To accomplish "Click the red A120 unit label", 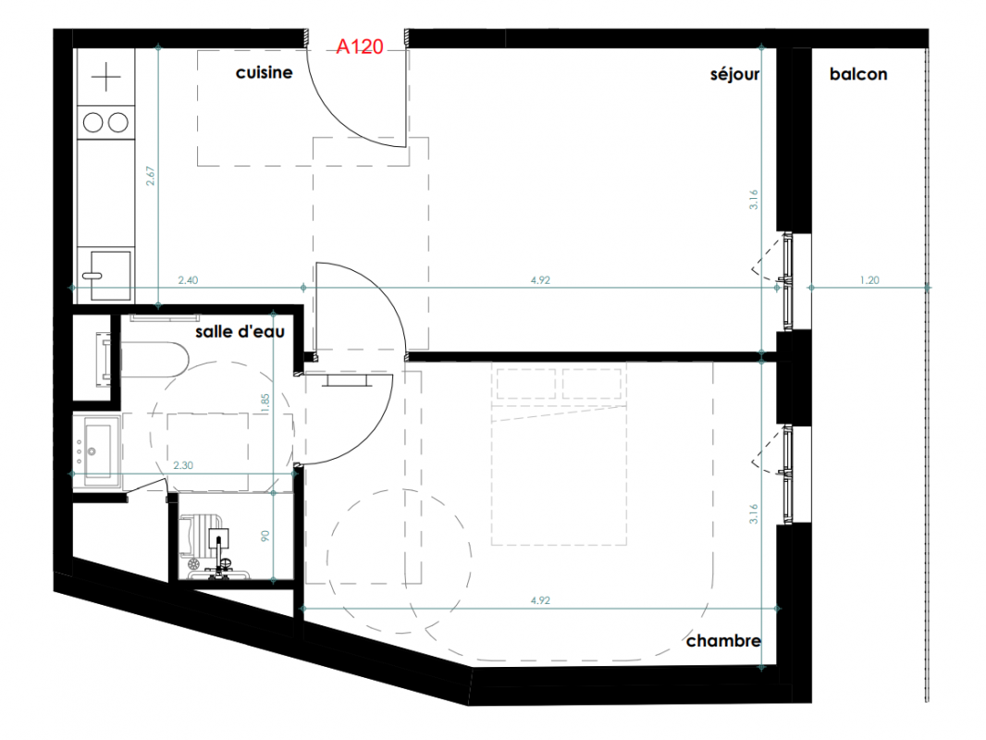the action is pyautogui.click(x=359, y=46).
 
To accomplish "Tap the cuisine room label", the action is pyautogui.click(x=265, y=73).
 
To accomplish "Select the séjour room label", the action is pyautogui.click(x=734, y=75).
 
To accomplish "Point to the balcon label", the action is pyautogui.click(x=858, y=74).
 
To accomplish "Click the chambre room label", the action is pyautogui.click(x=723, y=641).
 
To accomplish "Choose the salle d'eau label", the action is pyautogui.click(x=240, y=331).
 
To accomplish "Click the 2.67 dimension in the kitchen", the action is pyautogui.click(x=150, y=176).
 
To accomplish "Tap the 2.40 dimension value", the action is pyautogui.click(x=188, y=280).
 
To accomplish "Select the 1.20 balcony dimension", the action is pyautogui.click(x=869, y=280).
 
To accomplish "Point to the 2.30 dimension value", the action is pyautogui.click(x=183, y=465).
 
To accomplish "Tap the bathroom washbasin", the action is pyautogui.click(x=97, y=450).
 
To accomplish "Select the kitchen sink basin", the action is pyautogui.click(x=111, y=275).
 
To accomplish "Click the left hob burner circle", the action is pyautogui.click(x=93, y=122).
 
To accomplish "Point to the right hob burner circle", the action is pyautogui.click(x=118, y=122).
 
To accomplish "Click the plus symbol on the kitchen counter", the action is pyautogui.click(x=105, y=78).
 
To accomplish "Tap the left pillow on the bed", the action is pyautogui.click(x=526, y=384).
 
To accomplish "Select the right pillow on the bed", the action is pyautogui.click(x=592, y=384).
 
